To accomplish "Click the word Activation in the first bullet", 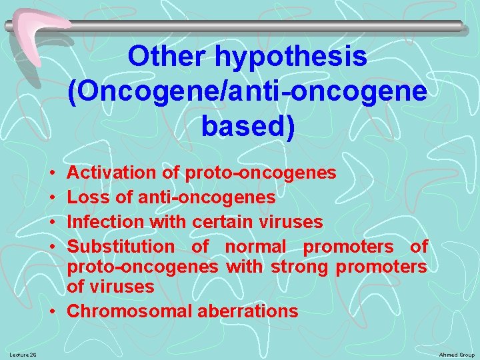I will pyautogui.click(x=111, y=173).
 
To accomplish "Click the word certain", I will pyautogui.click(x=222, y=221).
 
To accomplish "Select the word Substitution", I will pyautogui.click(x=121, y=246).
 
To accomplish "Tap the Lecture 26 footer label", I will pyautogui.click(x=23, y=354).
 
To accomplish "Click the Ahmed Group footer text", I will pyautogui.click(x=457, y=354).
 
